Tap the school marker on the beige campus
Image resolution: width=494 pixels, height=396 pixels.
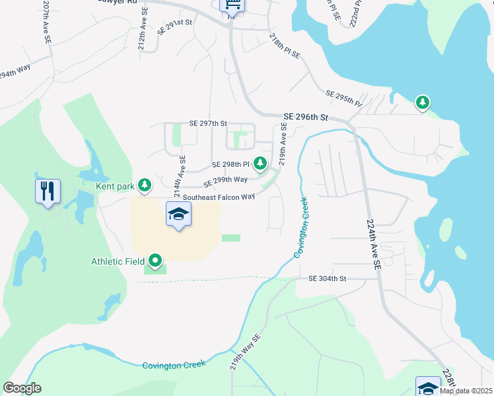click(x=178, y=214)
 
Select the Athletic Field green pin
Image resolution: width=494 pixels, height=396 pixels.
click(x=155, y=262)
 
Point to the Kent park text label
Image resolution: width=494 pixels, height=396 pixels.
click(x=116, y=187)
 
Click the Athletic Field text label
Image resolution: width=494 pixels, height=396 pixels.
click(x=118, y=262)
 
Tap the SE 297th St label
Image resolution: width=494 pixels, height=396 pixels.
click(x=208, y=123)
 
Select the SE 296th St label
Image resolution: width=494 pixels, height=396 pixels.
click(x=306, y=117)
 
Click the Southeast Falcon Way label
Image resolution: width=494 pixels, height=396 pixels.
click(x=219, y=197)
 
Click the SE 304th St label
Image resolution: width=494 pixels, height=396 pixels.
click(x=327, y=279)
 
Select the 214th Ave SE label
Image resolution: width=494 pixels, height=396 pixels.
click(x=179, y=176)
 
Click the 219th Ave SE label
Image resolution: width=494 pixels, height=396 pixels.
click(x=283, y=147)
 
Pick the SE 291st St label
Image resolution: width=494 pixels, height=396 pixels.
click(x=174, y=26)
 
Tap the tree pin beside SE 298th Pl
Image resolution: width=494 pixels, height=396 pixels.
click(x=260, y=162)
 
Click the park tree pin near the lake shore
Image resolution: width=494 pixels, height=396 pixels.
click(x=422, y=102)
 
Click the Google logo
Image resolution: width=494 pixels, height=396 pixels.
click(x=22, y=388)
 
